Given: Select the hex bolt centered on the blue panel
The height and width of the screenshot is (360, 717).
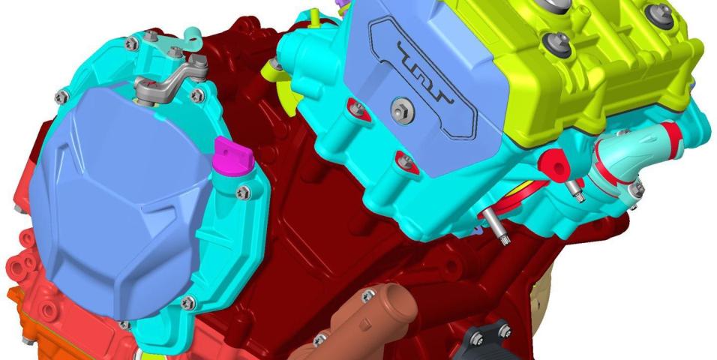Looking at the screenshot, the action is [403, 110].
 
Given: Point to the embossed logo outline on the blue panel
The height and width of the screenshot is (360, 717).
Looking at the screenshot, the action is [423, 76].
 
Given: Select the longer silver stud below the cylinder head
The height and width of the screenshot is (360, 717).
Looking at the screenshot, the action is [496, 227].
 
